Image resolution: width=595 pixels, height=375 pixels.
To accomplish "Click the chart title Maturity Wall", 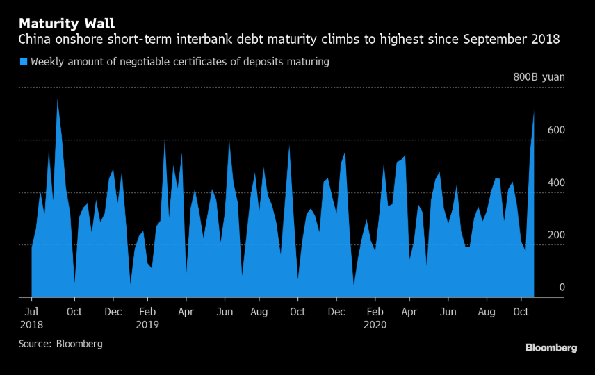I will click(67, 24).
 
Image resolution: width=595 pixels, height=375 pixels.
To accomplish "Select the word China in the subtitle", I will click(36, 40).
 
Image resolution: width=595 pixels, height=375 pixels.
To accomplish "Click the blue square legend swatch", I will click(24, 62).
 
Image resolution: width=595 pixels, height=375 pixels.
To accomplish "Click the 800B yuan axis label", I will click(539, 77).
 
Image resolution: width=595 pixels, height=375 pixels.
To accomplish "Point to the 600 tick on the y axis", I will click(556, 131).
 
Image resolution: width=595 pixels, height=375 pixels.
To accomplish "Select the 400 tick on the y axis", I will click(556, 183).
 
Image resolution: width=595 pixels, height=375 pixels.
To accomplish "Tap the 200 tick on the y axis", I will click(556, 235).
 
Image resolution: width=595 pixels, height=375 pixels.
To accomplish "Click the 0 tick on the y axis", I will click(562, 287).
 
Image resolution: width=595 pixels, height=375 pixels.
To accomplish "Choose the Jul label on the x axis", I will click(33, 312).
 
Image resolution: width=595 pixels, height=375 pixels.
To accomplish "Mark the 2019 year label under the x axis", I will click(147, 324).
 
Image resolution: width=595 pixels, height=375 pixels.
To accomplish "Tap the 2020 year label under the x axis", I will click(375, 324).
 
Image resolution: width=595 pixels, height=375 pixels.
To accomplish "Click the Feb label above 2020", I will click(375, 312).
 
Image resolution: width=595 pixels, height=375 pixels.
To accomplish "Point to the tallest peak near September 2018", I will click(57, 101).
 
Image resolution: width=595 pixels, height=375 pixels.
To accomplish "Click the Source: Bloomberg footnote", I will click(60, 344).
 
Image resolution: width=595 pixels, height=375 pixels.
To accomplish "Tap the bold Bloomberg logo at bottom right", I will click(551, 348).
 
